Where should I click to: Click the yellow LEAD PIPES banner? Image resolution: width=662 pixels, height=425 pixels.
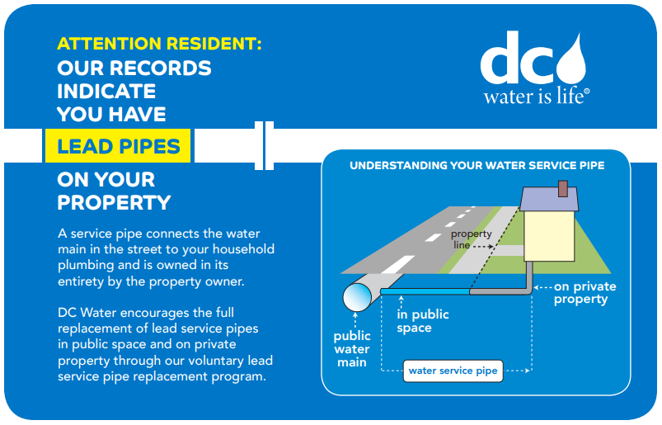tap(119, 147)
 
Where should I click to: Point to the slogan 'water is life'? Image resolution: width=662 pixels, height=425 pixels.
tap(536, 97)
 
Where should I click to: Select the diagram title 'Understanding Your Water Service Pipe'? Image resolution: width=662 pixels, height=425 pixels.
tap(477, 165)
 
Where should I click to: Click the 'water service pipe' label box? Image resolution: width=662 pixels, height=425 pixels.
tap(453, 371)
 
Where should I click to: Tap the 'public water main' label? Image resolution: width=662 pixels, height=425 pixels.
tap(352, 349)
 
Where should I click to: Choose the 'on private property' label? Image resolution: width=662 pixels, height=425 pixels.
tap(585, 293)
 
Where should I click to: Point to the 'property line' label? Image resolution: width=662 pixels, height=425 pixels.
tap(472, 239)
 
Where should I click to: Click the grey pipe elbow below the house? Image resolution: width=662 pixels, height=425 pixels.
tap(527, 287)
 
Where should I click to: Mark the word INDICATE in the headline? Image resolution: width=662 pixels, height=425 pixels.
tap(106, 91)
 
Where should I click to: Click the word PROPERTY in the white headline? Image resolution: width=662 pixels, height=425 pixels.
tap(114, 202)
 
